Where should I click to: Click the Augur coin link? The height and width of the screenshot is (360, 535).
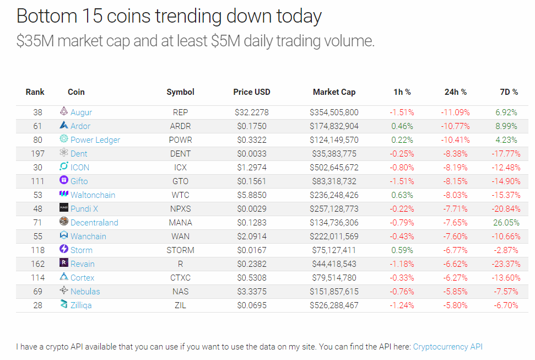(81, 112)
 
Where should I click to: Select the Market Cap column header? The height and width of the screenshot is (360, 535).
(334, 92)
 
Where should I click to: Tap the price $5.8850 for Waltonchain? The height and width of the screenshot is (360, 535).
(251, 195)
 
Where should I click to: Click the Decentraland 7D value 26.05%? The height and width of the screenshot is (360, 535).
(506, 223)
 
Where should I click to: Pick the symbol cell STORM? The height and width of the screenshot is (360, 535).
(180, 250)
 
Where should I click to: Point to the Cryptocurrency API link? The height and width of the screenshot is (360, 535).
(447, 347)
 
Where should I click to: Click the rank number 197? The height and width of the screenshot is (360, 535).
(37, 154)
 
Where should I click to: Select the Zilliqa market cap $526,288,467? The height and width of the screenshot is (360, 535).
(334, 305)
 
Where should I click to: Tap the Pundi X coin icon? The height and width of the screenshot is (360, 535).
(64, 208)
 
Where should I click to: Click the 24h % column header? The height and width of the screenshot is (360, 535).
(455, 92)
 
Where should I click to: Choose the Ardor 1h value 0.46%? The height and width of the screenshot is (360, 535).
(402, 126)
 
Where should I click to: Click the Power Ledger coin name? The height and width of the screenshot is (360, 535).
(95, 140)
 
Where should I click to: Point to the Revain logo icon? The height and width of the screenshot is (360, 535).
(64, 264)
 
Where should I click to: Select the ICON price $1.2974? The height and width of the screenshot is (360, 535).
(251, 168)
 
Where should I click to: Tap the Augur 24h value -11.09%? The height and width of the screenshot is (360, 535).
(455, 112)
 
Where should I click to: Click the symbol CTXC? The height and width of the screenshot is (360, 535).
(180, 278)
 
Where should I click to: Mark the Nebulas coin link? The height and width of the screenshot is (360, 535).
(85, 292)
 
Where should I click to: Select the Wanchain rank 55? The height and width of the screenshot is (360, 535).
(37, 237)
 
